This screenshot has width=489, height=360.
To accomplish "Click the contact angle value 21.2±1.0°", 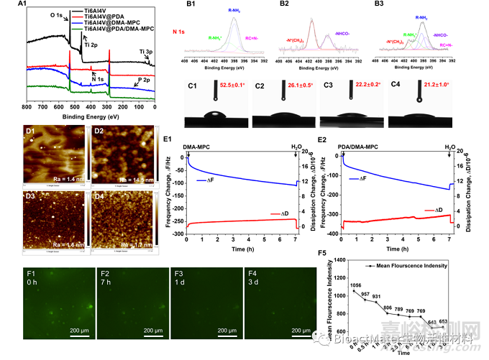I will tap(434, 85).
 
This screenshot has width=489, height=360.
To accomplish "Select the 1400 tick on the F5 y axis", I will tap(324, 259).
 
